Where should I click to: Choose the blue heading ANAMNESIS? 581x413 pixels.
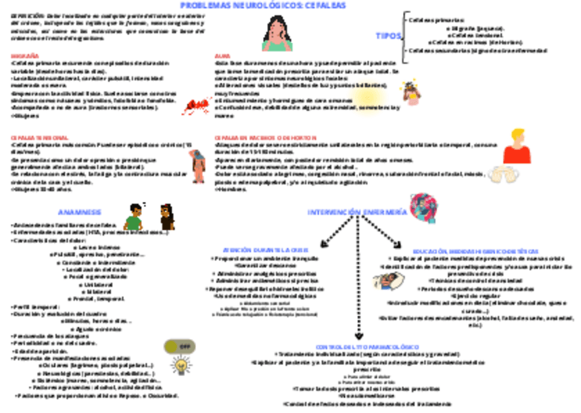tap(79, 212)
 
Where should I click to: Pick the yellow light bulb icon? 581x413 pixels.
tap(181, 366)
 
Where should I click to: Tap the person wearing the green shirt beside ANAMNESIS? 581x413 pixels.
tap(133, 217)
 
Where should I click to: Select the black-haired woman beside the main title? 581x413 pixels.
tap(276, 32)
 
